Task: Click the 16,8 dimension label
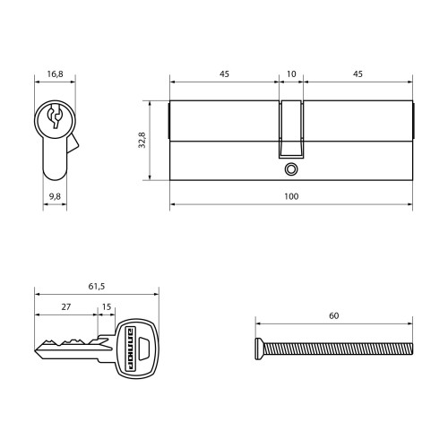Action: coord(55,73)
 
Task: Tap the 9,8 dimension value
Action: coord(55,196)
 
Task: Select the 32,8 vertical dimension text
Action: coord(142,140)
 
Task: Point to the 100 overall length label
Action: coord(291,196)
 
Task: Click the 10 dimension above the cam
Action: coord(291,73)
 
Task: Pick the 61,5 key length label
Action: coord(97,287)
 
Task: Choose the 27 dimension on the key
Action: coord(66,306)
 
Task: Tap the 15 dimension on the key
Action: coord(107,306)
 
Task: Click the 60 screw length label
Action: coord(334,315)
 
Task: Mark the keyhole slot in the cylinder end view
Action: coord(55,116)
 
